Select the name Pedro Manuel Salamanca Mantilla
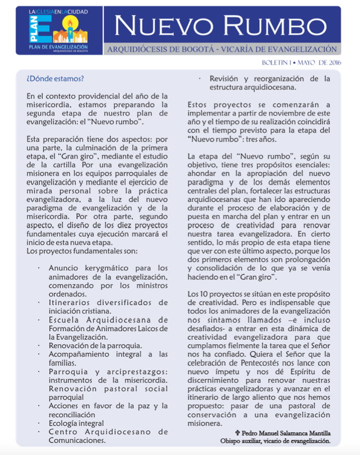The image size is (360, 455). pyautogui.click(x=287, y=433)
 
